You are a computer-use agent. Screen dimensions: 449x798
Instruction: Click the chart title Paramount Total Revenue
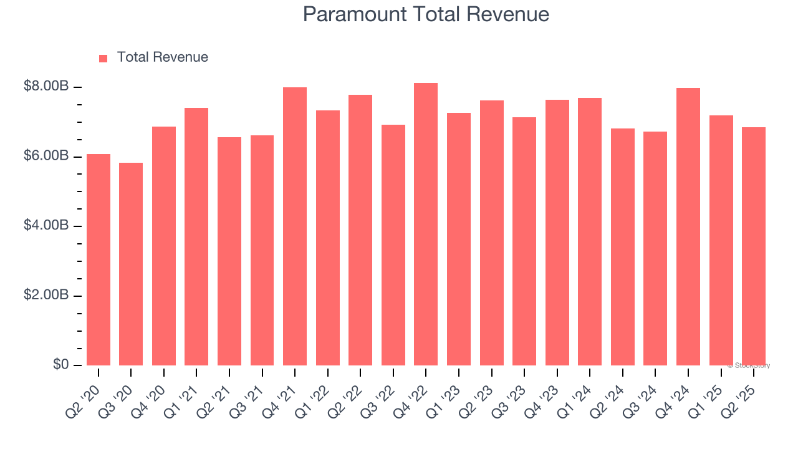tap(426, 14)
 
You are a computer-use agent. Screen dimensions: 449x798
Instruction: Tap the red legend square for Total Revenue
tap(103, 58)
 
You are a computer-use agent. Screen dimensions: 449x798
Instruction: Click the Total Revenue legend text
tap(162, 57)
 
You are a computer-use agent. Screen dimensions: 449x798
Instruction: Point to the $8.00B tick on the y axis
tap(46, 87)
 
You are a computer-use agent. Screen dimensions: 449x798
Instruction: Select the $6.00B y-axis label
tap(46, 156)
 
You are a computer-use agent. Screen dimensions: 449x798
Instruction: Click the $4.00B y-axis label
tap(46, 226)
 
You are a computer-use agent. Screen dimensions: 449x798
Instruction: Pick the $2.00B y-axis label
tap(46, 296)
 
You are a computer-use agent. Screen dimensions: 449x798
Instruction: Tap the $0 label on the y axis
tap(60, 365)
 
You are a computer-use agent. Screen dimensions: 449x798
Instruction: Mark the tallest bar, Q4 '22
tap(426, 224)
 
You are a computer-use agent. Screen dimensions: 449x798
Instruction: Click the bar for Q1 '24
tap(590, 231)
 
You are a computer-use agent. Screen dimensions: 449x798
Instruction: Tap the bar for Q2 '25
tap(754, 246)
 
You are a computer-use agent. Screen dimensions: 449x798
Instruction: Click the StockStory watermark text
tap(749, 365)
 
